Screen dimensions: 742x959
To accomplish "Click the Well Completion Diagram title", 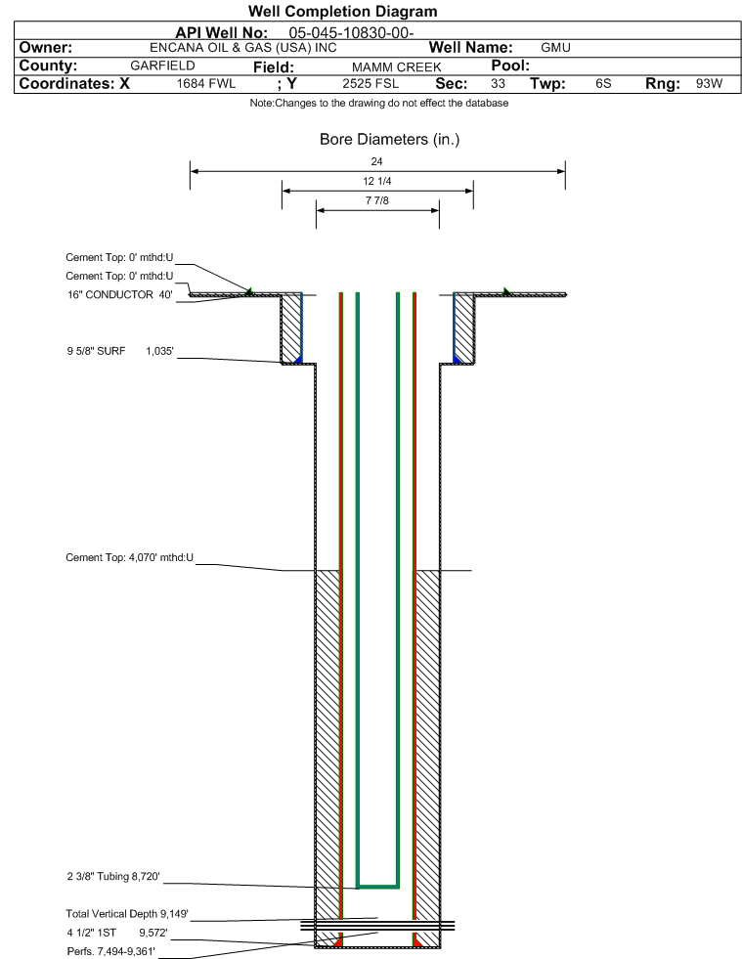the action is [342, 11].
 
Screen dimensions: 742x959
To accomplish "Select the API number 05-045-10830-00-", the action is [351, 33].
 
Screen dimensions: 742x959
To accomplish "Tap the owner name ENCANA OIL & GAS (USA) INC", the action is [242, 48].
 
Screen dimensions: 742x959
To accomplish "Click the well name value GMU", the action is [555, 48].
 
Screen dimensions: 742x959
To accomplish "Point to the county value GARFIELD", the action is [162, 65].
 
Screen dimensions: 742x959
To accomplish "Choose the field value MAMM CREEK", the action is [396, 66].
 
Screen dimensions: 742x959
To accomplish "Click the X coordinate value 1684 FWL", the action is [206, 83].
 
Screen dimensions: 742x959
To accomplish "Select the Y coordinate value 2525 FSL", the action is [371, 83].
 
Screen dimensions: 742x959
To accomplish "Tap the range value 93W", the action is [709, 83].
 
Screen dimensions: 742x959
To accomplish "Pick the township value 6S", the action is [603, 83].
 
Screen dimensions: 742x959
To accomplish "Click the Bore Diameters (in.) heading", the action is [390, 140].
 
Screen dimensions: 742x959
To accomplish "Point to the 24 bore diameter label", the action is [376, 161].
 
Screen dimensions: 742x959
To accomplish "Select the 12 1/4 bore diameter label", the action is [376, 181].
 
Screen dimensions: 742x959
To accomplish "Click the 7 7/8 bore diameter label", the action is [376, 200].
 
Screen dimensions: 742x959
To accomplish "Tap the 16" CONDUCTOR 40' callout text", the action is [120, 295].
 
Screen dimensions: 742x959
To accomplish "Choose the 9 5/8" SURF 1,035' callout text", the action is [120, 351].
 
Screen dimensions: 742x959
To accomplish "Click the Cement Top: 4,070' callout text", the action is [130, 557].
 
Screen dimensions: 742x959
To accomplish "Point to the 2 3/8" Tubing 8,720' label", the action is [113, 877].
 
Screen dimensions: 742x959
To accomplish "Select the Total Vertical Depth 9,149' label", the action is [127, 914].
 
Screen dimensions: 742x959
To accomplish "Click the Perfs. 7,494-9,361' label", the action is [110, 951].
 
